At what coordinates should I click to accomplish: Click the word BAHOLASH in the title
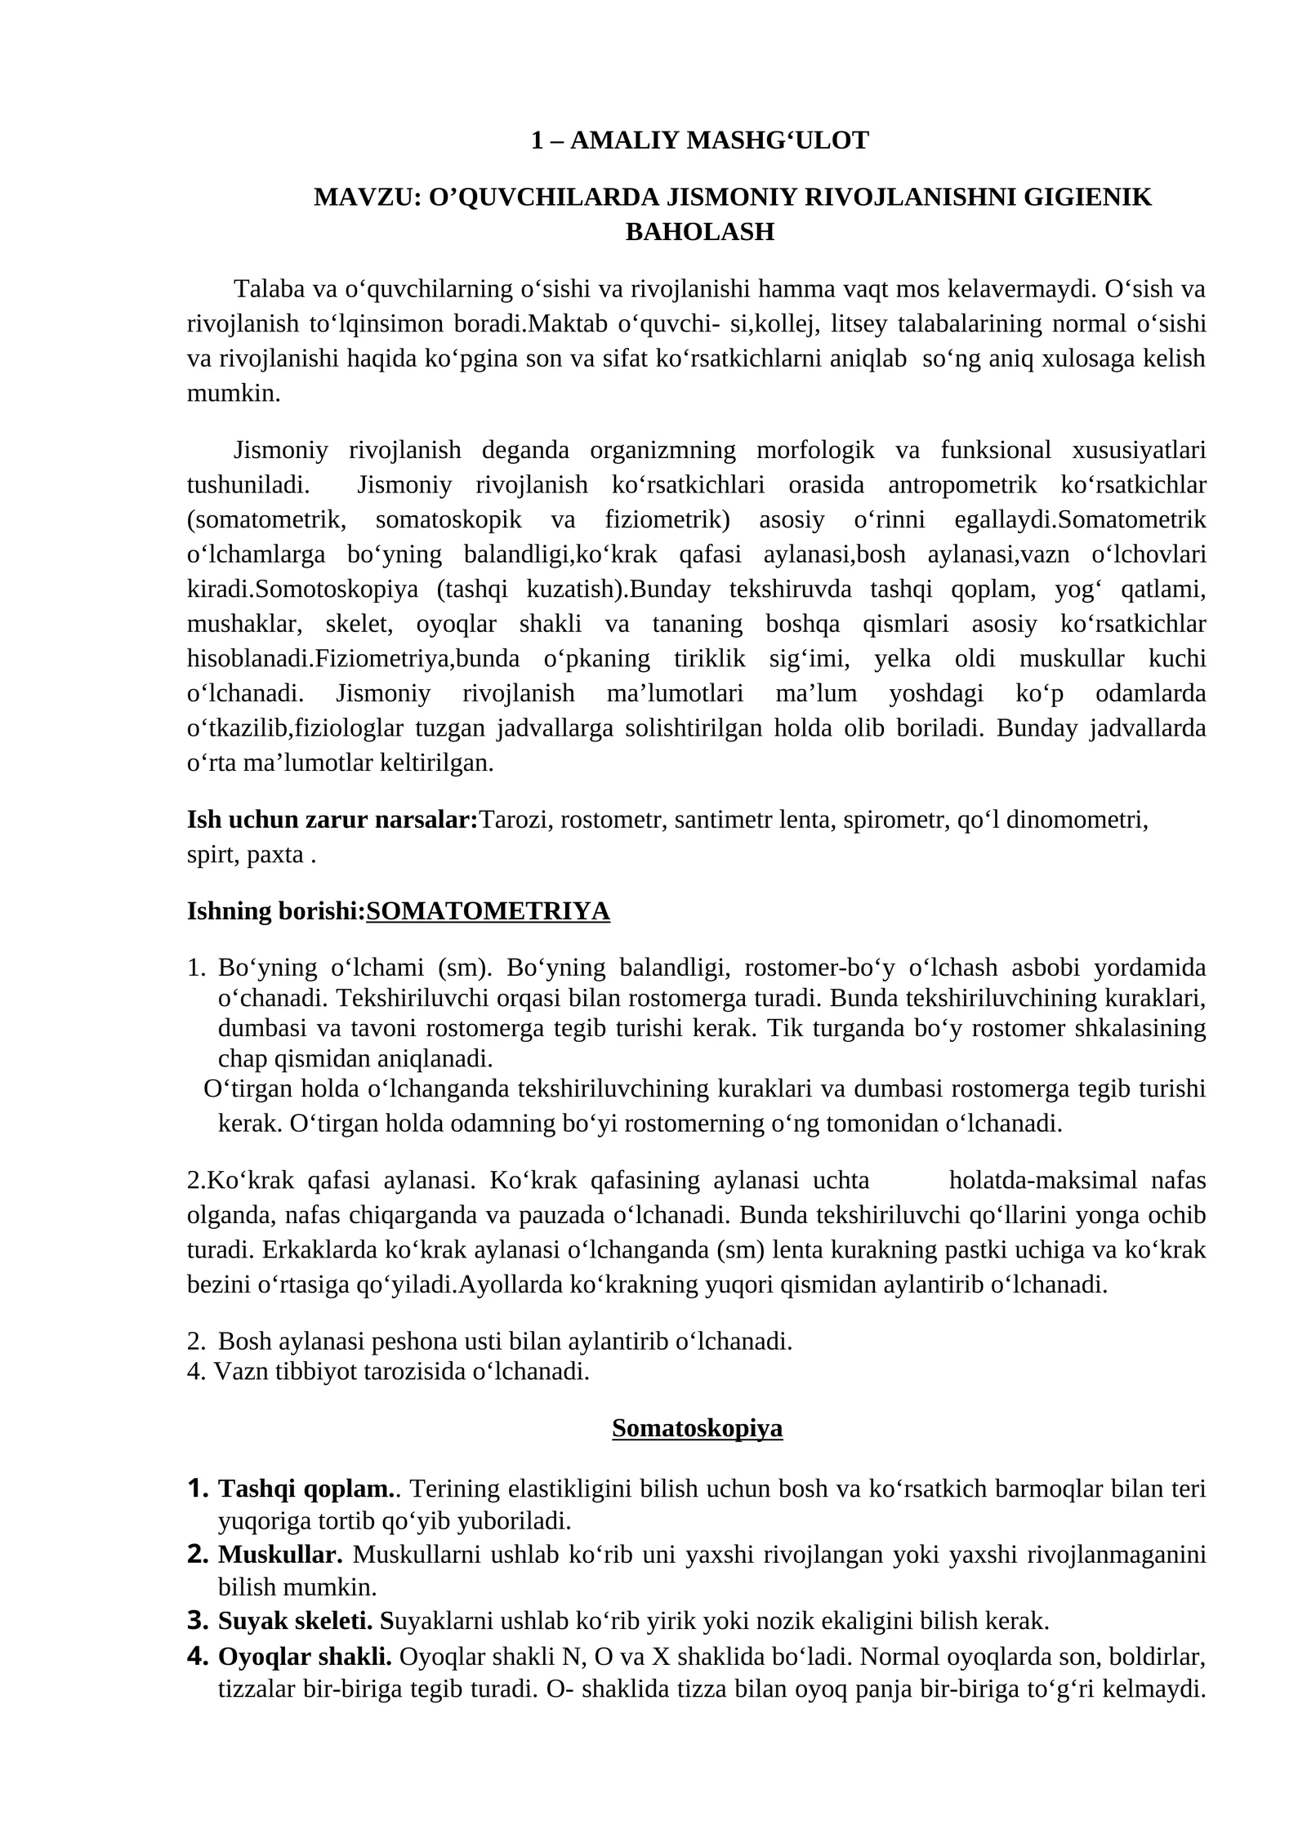(x=699, y=232)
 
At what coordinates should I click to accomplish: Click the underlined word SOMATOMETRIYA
(x=488, y=910)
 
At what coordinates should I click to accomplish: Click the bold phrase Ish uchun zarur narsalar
(x=332, y=820)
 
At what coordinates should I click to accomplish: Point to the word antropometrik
(x=961, y=484)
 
